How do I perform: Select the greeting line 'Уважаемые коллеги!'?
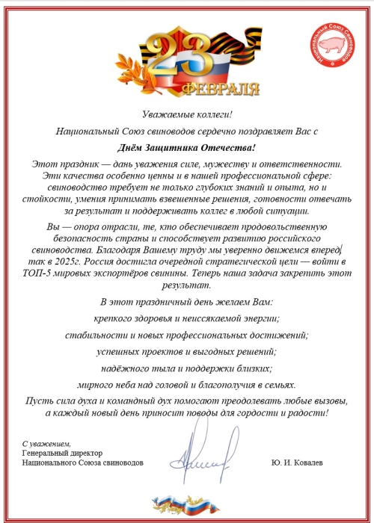(x=187, y=114)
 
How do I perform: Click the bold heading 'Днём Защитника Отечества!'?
(x=187, y=148)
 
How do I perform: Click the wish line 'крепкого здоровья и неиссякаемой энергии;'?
(x=187, y=318)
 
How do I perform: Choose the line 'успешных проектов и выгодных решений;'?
(x=187, y=351)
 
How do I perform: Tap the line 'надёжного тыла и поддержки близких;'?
(x=187, y=368)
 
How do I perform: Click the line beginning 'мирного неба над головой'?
(x=187, y=385)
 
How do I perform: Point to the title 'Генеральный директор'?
(x=62, y=454)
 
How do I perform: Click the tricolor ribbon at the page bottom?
(x=187, y=504)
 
